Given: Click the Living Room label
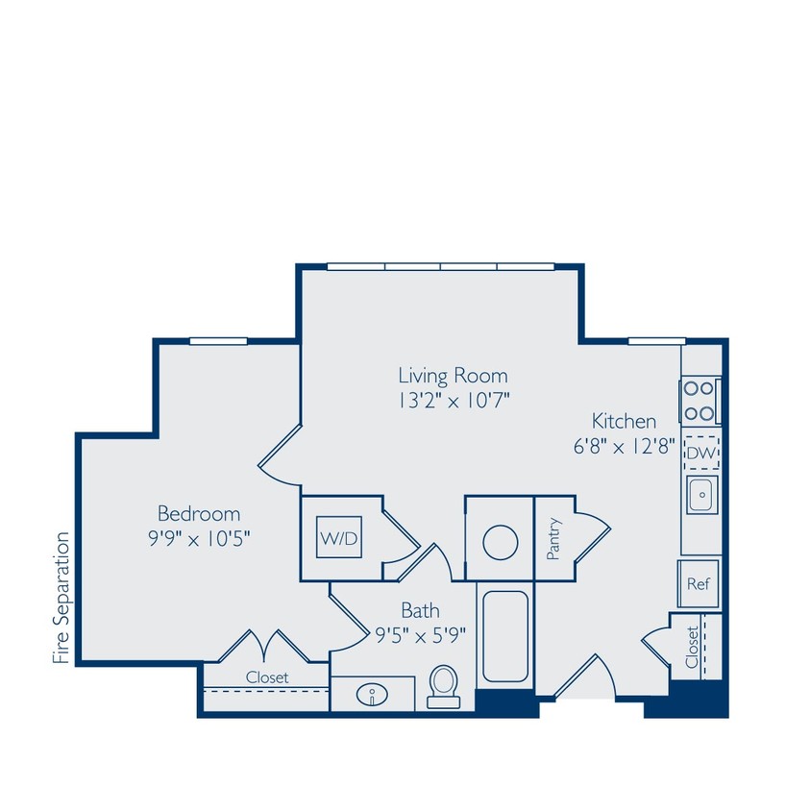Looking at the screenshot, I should pyautogui.click(x=453, y=375).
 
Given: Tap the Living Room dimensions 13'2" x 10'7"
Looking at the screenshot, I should pyautogui.click(x=453, y=400).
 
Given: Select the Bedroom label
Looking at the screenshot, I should pyautogui.click(x=199, y=513).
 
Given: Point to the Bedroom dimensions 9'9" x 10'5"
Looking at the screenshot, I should pyautogui.click(x=199, y=538).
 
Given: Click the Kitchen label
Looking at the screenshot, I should pyautogui.click(x=624, y=421).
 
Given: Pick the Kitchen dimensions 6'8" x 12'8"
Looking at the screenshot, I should pyautogui.click(x=624, y=447).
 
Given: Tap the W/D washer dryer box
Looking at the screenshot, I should pyautogui.click(x=339, y=539).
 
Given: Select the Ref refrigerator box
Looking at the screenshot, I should pyautogui.click(x=698, y=584).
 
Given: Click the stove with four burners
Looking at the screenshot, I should pyautogui.click(x=700, y=402).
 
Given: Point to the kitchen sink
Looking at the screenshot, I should pyautogui.click(x=700, y=495).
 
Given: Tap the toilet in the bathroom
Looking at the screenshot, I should pyautogui.click(x=443, y=686).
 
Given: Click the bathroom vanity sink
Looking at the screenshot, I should pyautogui.click(x=372, y=695).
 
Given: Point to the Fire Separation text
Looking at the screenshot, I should pyautogui.click(x=62, y=598).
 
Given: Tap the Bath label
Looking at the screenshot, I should pyautogui.click(x=420, y=609).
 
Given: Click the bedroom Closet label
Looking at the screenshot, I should pyautogui.click(x=266, y=676).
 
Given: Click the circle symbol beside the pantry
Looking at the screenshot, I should pyautogui.click(x=500, y=542).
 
